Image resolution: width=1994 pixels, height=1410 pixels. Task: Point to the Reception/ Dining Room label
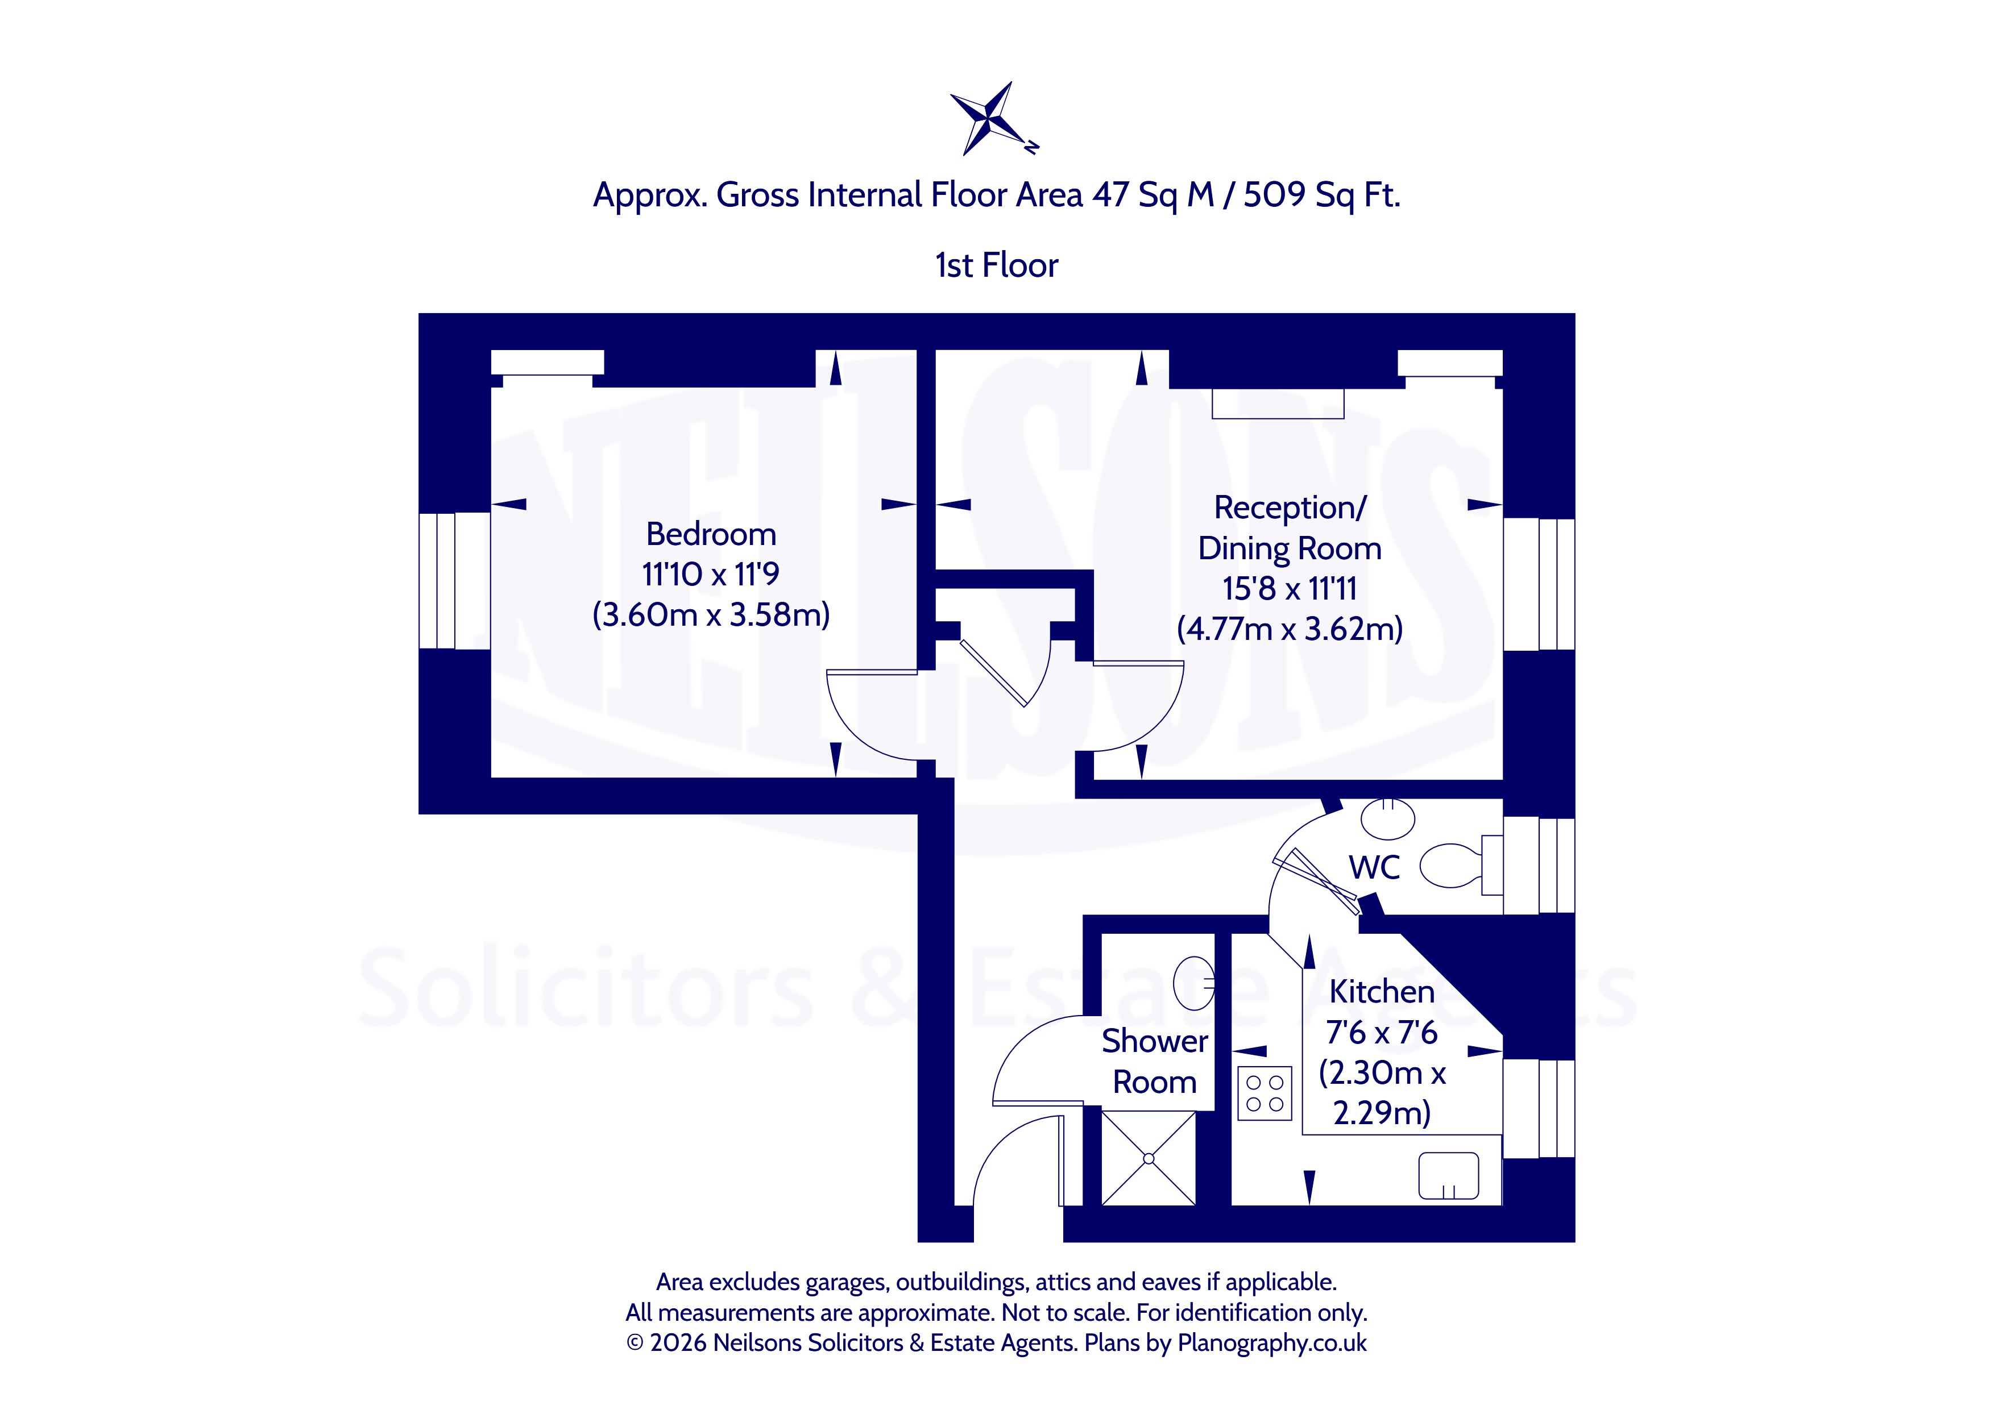tap(1290, 528)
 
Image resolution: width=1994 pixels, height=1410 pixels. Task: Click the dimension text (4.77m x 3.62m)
tap(1290, 629)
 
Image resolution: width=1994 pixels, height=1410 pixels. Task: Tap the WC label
tap(1374, 867)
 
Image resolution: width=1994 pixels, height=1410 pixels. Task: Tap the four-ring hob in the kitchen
tap(1265, 1093)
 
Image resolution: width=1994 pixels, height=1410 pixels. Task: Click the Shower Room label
tap(1154, 1061)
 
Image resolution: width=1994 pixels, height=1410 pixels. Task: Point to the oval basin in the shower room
tap(1194, 983)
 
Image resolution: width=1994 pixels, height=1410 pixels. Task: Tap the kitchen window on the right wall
tap(1539, 1109)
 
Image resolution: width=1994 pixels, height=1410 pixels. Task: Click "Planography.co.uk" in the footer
tap(1272, 1343)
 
